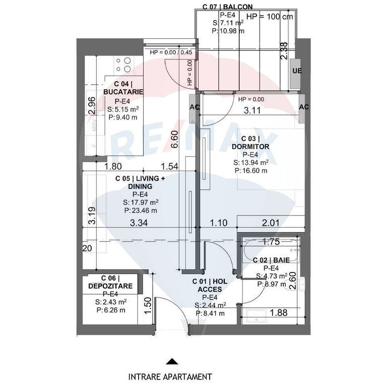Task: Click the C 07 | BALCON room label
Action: tap(227, 7)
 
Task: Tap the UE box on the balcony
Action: tap(297, 71)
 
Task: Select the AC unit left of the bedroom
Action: tap(195, 107)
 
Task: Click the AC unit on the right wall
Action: tap(304, 107)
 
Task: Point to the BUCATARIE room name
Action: tap(123, 92)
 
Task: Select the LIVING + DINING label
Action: tap(140, 182)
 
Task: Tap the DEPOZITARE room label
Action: tap(110, 286)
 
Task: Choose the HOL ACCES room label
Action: tap(210, 286)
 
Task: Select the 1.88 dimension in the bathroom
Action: tap(279, 313)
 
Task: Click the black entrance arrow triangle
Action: tap(172, 361)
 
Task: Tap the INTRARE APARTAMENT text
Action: tap(170, 376)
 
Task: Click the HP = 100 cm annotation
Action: tap(270, 16)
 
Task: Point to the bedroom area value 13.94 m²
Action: tap(251, 162)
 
